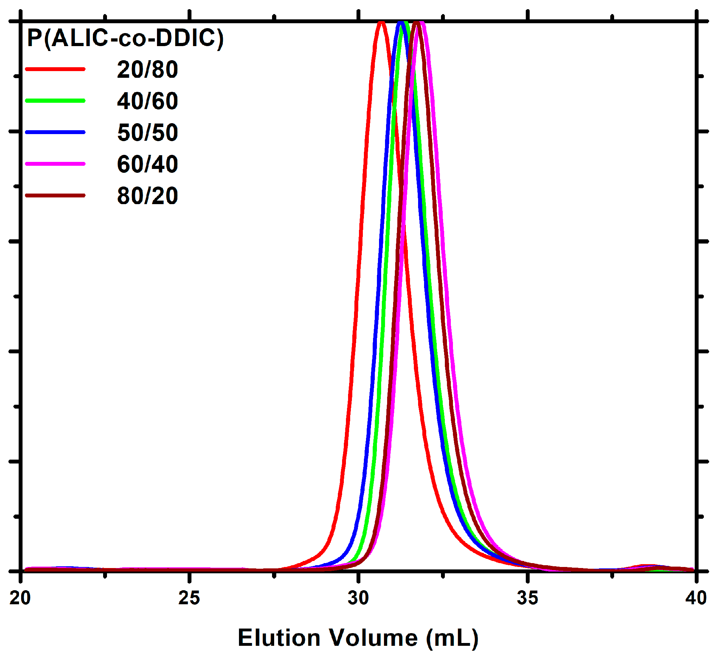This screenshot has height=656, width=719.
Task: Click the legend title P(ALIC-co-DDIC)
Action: click(125, 38)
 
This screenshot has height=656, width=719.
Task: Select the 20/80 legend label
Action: click(147, 70)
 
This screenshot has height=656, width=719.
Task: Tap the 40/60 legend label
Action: click(147, 101)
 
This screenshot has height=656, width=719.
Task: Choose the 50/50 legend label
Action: click(147, 133)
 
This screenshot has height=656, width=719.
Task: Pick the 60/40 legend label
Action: click(147, 164)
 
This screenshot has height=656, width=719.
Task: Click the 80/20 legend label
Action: click(147, 196)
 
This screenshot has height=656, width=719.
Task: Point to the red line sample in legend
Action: click(55, 69)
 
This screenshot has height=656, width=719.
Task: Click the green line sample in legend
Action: click(55, 101)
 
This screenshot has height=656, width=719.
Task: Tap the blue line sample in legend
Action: click(55, 132)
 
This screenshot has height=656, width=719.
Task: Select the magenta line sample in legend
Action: click(55, 164)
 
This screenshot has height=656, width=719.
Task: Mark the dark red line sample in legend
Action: click(55, 195)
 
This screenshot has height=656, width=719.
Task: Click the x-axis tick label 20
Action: click(20, 598)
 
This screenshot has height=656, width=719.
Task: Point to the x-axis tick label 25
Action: click(189, 598)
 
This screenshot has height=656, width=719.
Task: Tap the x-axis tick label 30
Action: click(358, 598)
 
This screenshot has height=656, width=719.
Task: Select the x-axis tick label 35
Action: click(527, 598)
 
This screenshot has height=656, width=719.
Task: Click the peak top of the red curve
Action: click(381, 23)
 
